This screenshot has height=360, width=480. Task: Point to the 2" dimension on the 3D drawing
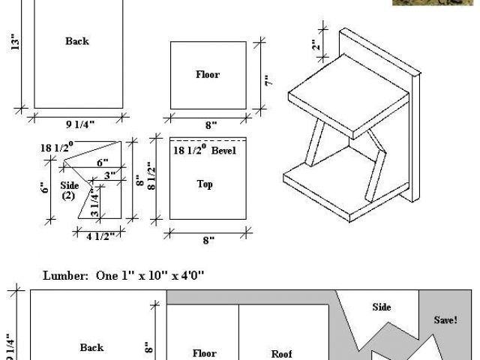(x=317, y=44)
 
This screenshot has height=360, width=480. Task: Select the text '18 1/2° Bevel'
(x=203, y=151)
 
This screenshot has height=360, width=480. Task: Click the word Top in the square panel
(x=205, y=184)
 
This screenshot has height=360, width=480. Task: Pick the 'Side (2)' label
(x=70, y=190)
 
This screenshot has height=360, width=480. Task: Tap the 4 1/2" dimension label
(x=99, y=237)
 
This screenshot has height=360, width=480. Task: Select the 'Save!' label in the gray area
(x=445, y=319)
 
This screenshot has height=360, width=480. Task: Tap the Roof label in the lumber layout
(x=281, y=353)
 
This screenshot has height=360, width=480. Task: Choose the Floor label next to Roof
(x=204, y=352)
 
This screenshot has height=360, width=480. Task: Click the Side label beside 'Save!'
(x=382, y=307)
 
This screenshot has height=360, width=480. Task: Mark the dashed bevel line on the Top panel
(x=208, y=139)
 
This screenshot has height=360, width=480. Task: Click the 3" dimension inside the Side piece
(x=109, y=175)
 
